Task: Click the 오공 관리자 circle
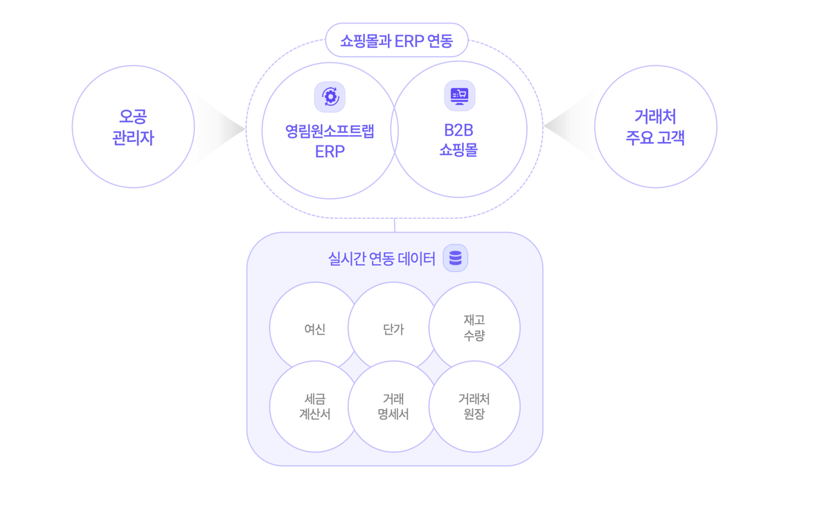[133, 127]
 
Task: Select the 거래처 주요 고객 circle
[655, 127]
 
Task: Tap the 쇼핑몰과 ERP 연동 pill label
[397, 41]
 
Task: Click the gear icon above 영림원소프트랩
[330, 97]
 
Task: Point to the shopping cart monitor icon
[459, 96]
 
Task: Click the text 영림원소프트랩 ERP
[330, 141]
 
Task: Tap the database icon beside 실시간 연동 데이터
[455, 258]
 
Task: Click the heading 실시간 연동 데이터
[382, 259]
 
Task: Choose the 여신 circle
[314, 329]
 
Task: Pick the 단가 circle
[393, 329]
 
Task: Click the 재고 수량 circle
[474, 327]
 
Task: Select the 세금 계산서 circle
[314, 407]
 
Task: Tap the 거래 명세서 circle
[393, 407]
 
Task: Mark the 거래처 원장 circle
[474, 407]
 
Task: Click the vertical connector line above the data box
[395, 225]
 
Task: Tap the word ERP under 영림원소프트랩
[330, 152]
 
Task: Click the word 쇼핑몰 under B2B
[458, 150]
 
